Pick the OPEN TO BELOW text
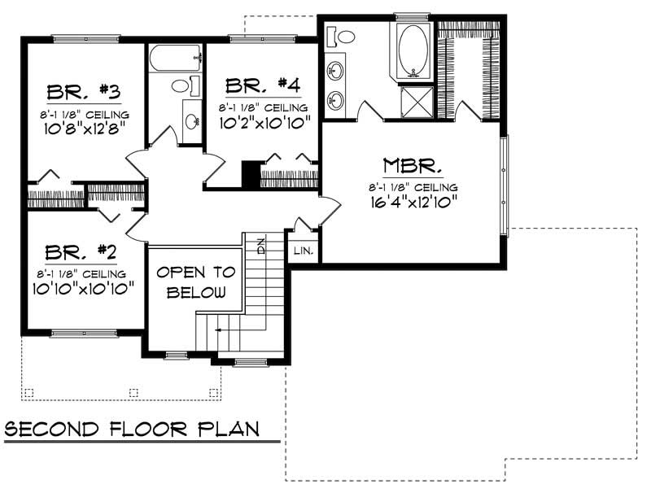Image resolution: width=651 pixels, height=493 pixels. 195,282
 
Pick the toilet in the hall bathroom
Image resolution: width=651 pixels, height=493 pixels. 182,85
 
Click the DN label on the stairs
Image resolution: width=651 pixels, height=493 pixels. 261,246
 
